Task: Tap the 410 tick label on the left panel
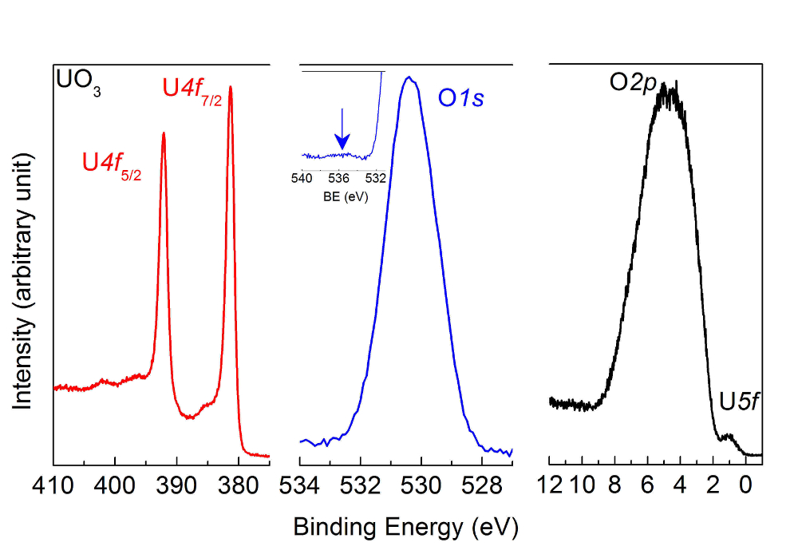coord(53,485)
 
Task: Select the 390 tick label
coord(176,485)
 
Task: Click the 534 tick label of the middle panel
coord(300,485)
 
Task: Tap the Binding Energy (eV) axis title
coord(406,527)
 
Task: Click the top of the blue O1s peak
coord(409,77)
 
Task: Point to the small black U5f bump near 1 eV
coord(727,436)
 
